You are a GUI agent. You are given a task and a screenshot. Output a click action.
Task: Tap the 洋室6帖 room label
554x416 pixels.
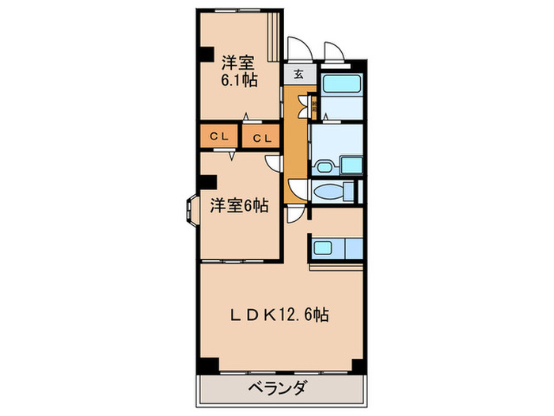(x=238, y=206)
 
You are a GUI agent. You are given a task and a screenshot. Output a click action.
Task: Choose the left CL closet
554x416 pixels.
(x=219, y=136)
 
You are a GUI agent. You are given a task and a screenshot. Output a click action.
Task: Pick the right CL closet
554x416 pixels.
(x=262, y=137)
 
